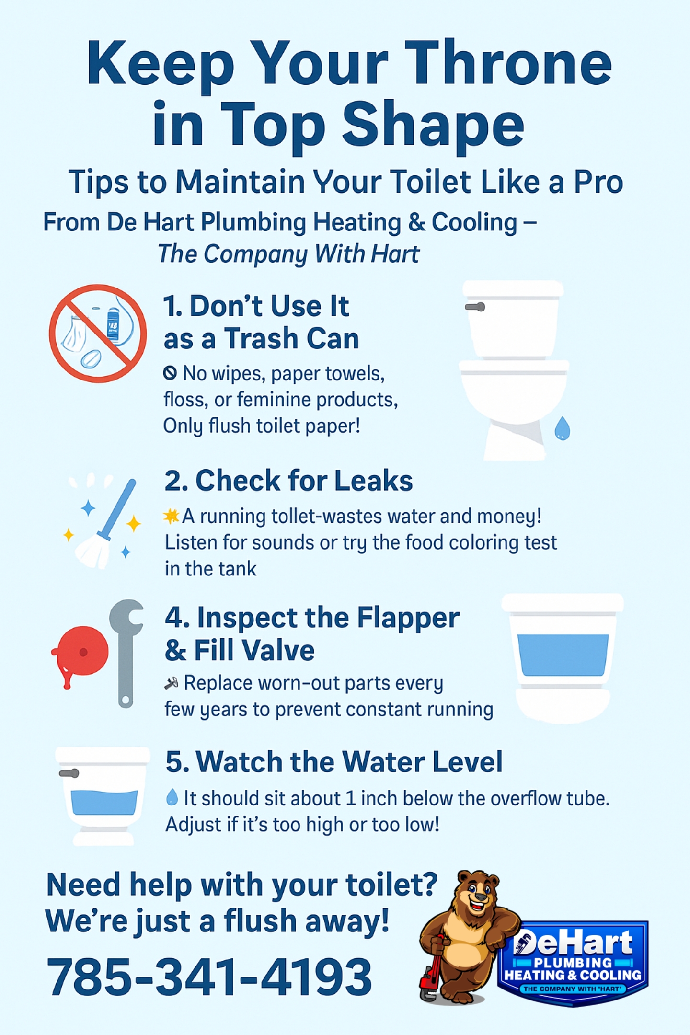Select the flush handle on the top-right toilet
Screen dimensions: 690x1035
[x=475, y=307]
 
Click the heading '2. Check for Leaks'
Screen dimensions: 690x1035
[x=288, y=480]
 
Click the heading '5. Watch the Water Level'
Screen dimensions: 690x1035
[x=334, y=761]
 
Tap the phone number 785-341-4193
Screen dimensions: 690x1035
[x=209, y=976]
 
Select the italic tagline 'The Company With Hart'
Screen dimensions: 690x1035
[x=288, y=254]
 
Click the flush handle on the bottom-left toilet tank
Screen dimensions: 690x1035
[x=69, y=773]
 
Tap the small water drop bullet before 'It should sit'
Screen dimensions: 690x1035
[x=172, y=797]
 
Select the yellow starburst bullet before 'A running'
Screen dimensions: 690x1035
[x=171, y=516]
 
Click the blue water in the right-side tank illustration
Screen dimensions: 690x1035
[x=563, y=655]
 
